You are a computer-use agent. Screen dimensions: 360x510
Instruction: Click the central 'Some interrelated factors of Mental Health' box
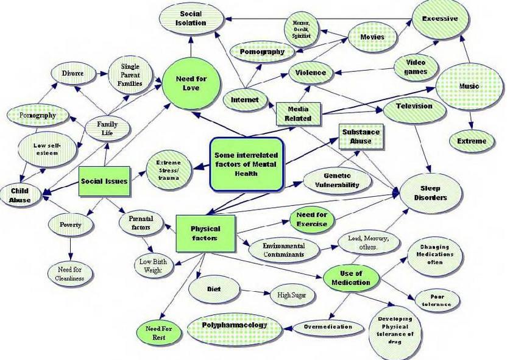[x=246, y=164]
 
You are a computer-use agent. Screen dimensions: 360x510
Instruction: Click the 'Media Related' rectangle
[x=298, y=113]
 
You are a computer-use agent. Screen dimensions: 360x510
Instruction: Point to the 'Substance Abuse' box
[x=361, y=136]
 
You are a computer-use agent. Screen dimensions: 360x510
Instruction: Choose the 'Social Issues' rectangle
[x=104, y=181]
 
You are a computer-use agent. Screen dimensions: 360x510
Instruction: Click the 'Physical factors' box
[x=205, y=233]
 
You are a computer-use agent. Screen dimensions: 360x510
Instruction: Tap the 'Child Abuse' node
[x=19, y=195]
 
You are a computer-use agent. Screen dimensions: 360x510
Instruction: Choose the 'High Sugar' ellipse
[x=292, y=295]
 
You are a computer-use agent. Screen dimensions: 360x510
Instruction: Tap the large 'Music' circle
[x=469, y=86]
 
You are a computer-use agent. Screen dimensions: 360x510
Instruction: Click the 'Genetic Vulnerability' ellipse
[x=337, y=180]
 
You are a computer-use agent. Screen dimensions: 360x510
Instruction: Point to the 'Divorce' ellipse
[x=72, y=74]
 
